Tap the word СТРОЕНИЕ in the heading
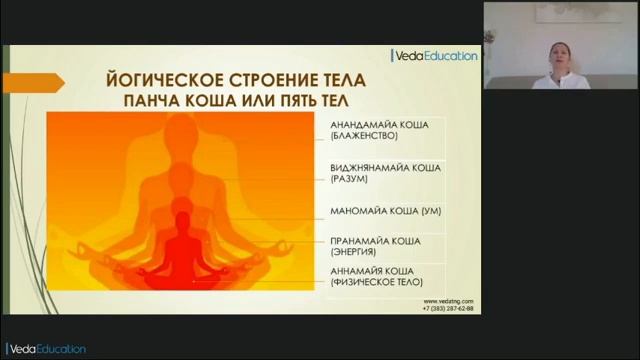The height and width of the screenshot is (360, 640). (x=274, y=79)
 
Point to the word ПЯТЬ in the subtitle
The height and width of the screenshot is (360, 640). (x=299, y=102)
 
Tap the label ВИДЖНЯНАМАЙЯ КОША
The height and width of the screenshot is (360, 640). (x=384, y=167)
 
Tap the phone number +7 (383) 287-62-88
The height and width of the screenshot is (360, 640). (x=448, y=309)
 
